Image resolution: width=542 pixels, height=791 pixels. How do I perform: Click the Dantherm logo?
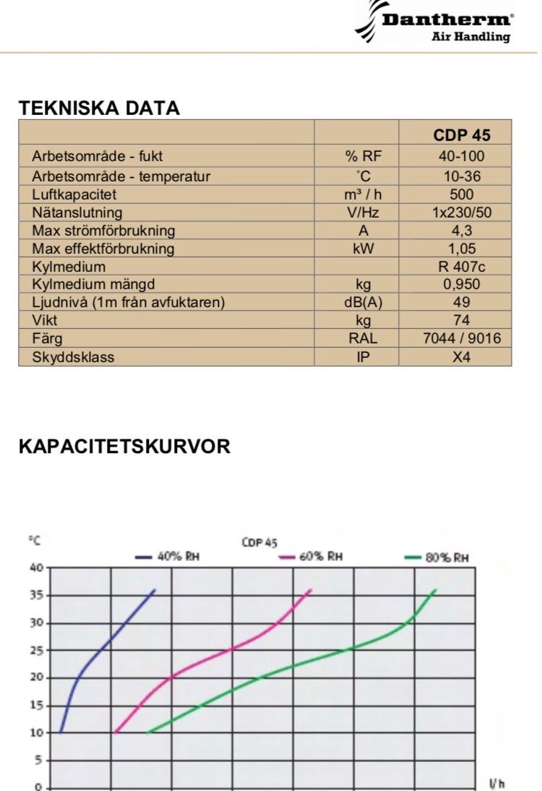pyautogui.click(x=435, y=23)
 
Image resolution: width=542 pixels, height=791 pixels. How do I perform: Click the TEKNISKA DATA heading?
pyautogui.click(x=99, y=108)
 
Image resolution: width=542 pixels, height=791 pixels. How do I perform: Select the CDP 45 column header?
pyautogui.click(x=462, y=135)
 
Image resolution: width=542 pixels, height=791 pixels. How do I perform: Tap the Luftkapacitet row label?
pyautogui.click(x=74, y=194)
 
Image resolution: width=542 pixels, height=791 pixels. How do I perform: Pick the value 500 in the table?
pyautogui.click(x=462, y=194)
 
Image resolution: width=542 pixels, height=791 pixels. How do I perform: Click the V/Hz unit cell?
pyautogui.click(x=363, y=213)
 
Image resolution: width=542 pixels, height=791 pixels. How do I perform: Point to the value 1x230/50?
pyautogui.click(x=462, y=213)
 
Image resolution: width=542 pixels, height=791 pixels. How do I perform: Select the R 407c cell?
pyautogui.click(x=462, y=267)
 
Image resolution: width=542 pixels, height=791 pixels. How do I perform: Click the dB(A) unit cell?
pyautogui.click(x=363, y=302)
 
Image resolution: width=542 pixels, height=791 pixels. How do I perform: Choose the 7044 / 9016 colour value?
pyautogui.click(x=462, y=338)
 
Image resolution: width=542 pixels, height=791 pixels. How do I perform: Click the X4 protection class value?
pyautogui.click(x=462, y=356)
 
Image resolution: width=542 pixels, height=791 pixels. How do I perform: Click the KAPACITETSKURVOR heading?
pyautogui.click(x=124, y=446)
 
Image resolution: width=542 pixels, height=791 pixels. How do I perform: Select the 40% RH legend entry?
pyautogui.click(x=167, y=556)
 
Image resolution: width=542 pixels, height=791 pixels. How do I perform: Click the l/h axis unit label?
pyautogui.click(x=496, y=784)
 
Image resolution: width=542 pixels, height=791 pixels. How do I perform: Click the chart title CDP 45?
pyautogui.click(x=260, y=542)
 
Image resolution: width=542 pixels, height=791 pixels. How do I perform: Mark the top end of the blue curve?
pyautogui.click(x=155, y=590)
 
